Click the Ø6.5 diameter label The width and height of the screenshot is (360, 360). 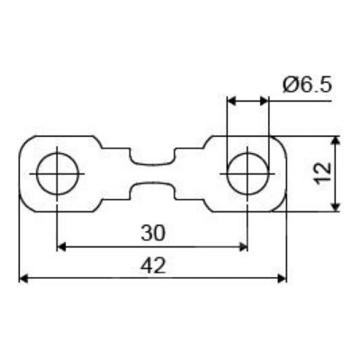[x=307, y=85]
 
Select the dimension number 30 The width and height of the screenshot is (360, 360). [x=153, y=233]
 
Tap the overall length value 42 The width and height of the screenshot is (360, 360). [x=153, y=265]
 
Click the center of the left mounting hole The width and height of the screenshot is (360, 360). [x=57, y=174]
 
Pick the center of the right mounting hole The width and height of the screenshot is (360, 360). [x=247, y=174]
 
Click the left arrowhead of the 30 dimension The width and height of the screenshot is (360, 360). [x=61, y=247]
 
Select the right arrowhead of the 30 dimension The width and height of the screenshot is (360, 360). [x=243, y=247]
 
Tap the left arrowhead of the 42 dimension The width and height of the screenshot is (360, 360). [x=23, y=278]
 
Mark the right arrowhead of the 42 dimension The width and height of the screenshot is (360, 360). [x=283, y=278]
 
